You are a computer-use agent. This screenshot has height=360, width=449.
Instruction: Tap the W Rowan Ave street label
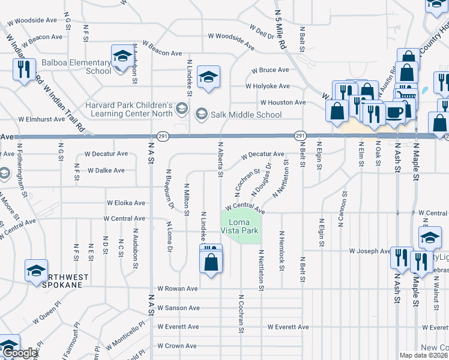(177, 289)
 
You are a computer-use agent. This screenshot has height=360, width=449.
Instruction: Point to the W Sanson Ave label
(178, 308)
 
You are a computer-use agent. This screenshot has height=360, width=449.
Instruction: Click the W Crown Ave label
(177, 346)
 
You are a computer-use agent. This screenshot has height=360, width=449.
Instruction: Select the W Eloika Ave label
(125, 203)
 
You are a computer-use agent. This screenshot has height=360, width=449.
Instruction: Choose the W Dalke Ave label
(106, 170)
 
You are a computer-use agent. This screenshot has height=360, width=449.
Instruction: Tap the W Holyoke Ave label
(267, 86)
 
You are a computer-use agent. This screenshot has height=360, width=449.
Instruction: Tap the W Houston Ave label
(283, 103)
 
